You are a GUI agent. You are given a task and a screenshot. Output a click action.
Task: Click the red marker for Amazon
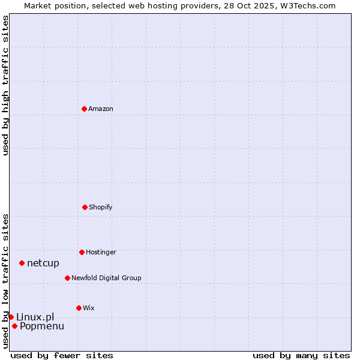pyautogui.click(x=84, y=109)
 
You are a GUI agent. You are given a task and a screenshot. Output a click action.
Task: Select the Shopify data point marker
pyautogui.click(x=85, y=207)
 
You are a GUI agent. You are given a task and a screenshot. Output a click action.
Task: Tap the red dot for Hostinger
pyautogui.click(x=82, y=252)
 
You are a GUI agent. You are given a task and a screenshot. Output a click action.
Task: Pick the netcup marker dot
pyautogui.click(x=22, y=263)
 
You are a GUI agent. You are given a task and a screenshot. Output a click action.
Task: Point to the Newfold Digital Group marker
pyautogui.click(x=67, y=278)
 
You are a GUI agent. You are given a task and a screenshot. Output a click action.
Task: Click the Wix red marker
pyautogui.click(x=79, y=308)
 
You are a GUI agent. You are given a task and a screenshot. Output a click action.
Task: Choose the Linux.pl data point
pyautogui.click(x=11, y=317)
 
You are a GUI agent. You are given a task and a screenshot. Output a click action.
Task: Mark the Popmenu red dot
pyautogui.click(x=14, y=326)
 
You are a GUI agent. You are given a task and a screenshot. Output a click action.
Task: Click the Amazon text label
pyautogui.click(x=101, y=109)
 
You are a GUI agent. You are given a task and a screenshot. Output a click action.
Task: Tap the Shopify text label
pyautogui.click(x=101, y=207)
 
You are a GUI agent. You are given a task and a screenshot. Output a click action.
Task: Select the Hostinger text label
pyautogui.click(x=101, y=252)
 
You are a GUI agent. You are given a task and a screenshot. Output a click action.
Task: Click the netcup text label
pyautogui.click(x=43, y=263)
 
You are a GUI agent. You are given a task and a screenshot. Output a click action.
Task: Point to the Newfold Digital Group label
pyautogui.click(x=106, y=278)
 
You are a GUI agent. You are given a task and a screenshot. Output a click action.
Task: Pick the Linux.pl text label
pyautogui.click(x=35, y=317)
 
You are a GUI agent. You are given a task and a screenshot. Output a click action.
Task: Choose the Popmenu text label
pyautogui.click(x=42, y=326)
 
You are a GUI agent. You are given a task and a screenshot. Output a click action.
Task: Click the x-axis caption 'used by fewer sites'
pyautogui.click(x=62, y=355)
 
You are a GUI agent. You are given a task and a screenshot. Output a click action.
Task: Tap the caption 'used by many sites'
pyautogui.click(x=301, y=355)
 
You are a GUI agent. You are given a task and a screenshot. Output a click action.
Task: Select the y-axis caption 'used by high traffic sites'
pyautogui.click(x=5, y=85)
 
